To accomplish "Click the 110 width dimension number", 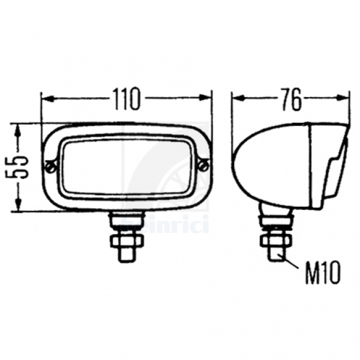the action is [x=126, y=99].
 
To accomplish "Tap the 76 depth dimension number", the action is [x=291, y=99].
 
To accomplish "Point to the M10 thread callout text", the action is [x=322, y=273].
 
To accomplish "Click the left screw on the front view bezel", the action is [x=51, y=167].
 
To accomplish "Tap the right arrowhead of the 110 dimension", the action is [x=205, y=97].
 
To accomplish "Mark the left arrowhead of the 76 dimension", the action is [x=238, y=98].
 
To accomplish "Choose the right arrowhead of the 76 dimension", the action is [x=343, y=98].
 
